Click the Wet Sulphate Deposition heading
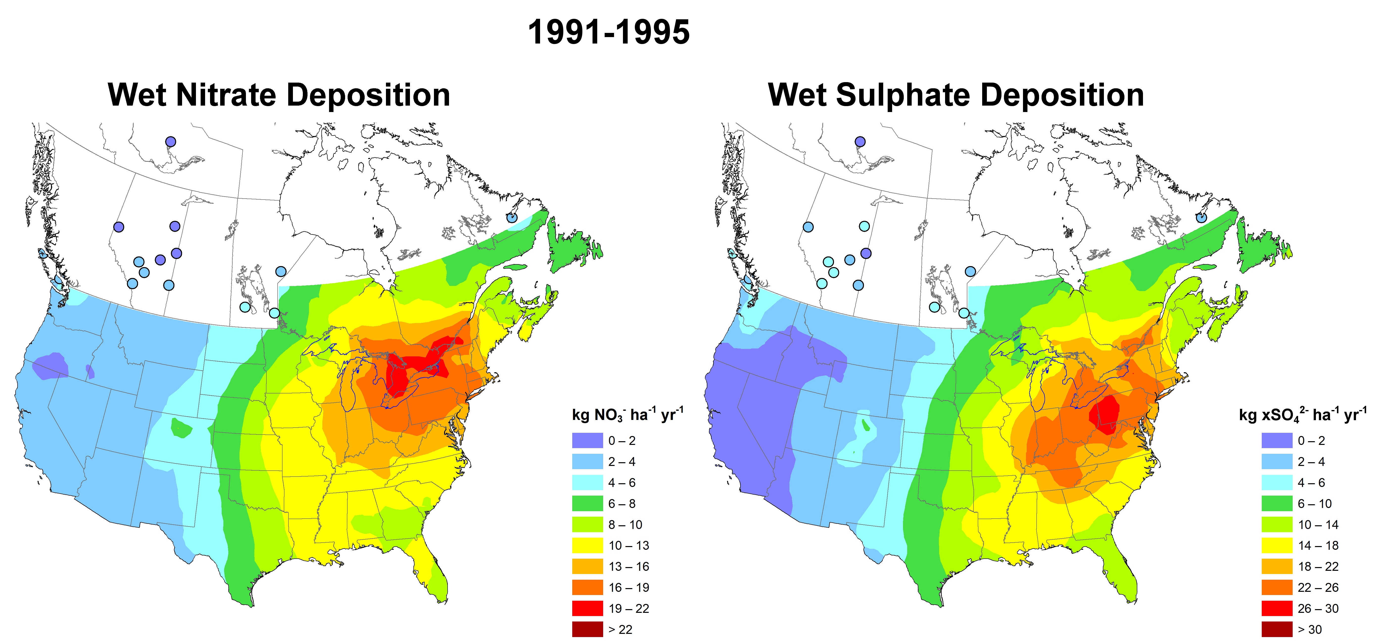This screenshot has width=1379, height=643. pos(956,95)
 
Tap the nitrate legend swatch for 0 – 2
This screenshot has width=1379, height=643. pos(587,441)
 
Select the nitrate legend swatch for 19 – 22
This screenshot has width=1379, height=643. pos(587,608)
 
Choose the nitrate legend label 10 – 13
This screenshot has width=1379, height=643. pos(628,546)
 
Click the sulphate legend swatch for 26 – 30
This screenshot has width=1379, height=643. pos(1277,608)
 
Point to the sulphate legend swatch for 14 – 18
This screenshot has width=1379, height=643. pos(1277,546)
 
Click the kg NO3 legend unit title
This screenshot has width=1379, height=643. pos(627,414)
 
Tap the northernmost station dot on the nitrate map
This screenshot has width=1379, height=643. pos(170,142)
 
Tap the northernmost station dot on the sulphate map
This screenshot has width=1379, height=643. pos(860,142)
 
